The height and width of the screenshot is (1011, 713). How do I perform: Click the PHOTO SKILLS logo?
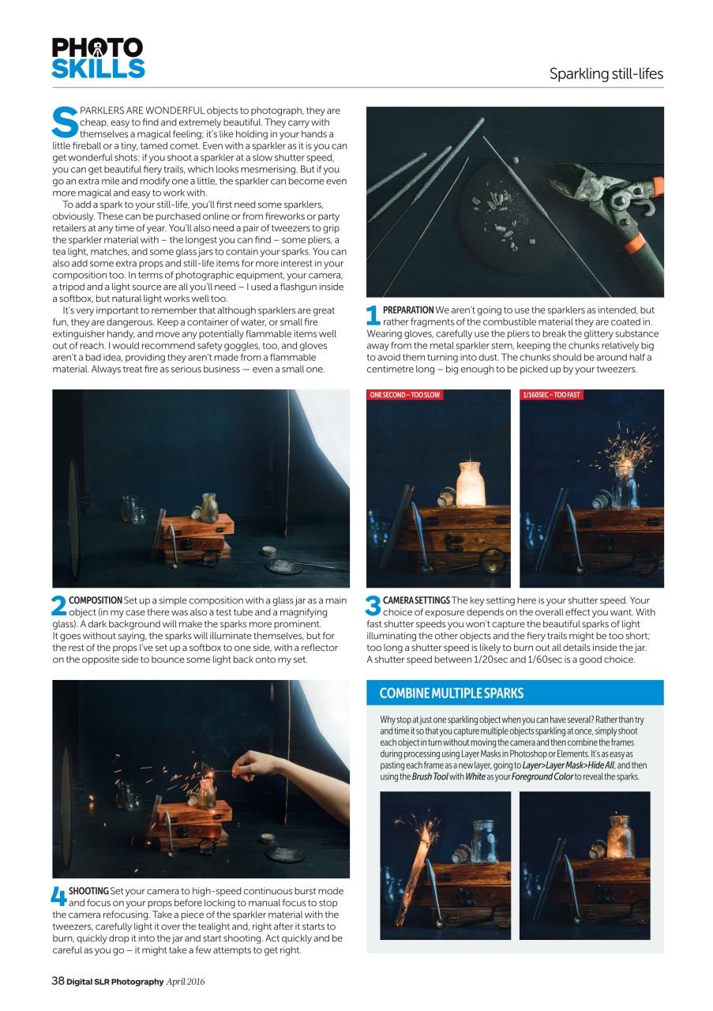98,58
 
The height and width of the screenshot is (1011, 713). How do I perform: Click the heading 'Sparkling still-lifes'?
606,74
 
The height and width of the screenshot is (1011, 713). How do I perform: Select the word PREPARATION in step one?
408,310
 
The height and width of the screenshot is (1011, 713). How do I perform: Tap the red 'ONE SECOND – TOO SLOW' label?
405,394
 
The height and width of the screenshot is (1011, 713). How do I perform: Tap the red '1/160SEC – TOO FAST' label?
551,394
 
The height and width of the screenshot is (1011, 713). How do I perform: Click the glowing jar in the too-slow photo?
470,483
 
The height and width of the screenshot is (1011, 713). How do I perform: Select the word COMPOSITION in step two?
96,601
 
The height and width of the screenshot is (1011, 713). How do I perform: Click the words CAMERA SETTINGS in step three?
416,601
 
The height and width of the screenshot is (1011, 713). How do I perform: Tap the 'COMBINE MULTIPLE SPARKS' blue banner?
452,693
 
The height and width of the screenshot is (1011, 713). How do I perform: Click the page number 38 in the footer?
58,981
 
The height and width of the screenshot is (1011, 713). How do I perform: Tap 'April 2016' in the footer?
185,981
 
